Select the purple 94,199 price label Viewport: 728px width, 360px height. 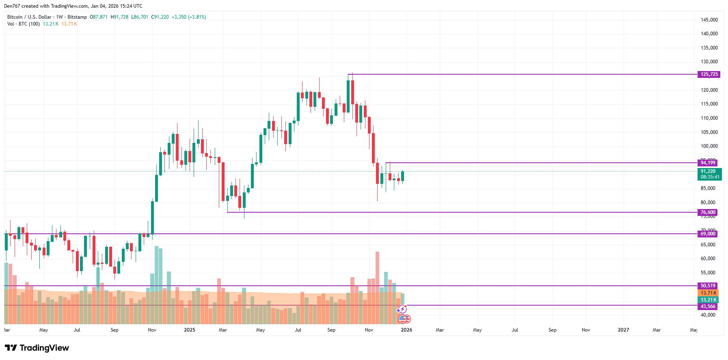pyautogui.click(x=708, y=163)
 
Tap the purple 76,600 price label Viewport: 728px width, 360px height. pyautogui.click(x=708, y=212)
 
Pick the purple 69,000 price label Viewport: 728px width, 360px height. pyautogui.click(x=708, y=234)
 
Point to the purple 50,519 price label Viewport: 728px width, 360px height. pyautogui.click(x=708, y=286)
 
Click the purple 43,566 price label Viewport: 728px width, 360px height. pyautogui.click(x=708, y=306)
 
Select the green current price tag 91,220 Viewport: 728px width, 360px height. pyautogui.click(x=709, y=172)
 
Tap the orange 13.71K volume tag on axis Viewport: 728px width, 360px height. pyautogui.click(x=708, y=293)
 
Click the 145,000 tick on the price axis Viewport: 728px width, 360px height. pyautogui.click(x=709, y=20)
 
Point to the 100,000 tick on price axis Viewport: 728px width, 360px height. pyautogui.click(x=709, y=146)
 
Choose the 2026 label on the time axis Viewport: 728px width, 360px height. pyautogui.click(x=406, y=330)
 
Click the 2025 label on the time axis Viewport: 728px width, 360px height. pyautogui.click(x=190, y=330)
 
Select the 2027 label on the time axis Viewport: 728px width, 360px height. pyautogui.click(x=623, y=330)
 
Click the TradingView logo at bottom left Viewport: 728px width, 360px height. pyautogui.click(x=37, y=348)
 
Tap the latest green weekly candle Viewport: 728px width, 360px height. pyautogui.click(x=402, y=176)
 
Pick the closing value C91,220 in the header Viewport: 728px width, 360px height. pyautogui.click(x=160, y=17)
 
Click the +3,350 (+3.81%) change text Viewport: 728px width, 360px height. pyautogui.click(x=189, y=17)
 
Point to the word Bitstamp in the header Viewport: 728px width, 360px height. pyautogui.click(x=77, y=17)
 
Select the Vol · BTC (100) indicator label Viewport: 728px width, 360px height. pyautogui.click(x=24, y=24)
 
